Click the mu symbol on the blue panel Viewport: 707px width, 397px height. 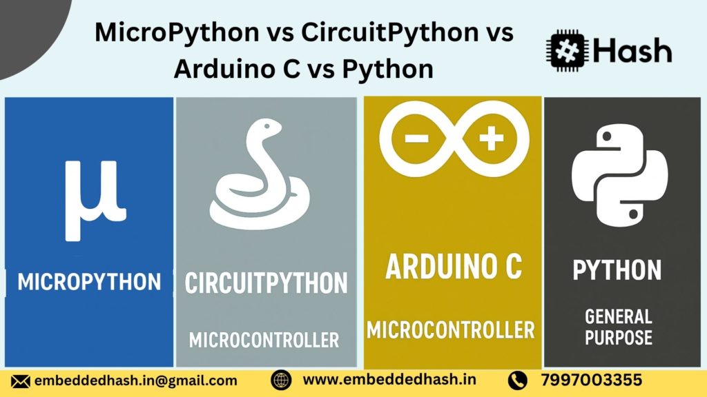[x=95, y=200]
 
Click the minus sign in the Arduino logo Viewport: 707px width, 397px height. [x=416, y=138]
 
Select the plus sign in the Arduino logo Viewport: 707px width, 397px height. [x=491, y=139]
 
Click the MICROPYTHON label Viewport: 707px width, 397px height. [x=89, y=281]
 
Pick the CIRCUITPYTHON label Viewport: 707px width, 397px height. [x=266, y=283]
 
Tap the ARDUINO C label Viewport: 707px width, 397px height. [x=453, y=267]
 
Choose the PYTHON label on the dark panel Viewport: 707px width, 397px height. [x=617, y=270]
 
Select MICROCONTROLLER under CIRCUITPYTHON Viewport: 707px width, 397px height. [x=264, y=340]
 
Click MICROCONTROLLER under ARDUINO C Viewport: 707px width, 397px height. [x=451, y=329]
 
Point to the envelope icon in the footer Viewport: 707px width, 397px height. [x=21, y=380]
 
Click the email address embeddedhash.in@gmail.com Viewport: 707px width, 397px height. [x=135, y=380]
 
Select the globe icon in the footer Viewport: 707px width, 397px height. [x=280, y=380]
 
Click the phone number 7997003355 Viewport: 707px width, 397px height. [x=592, y=380]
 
